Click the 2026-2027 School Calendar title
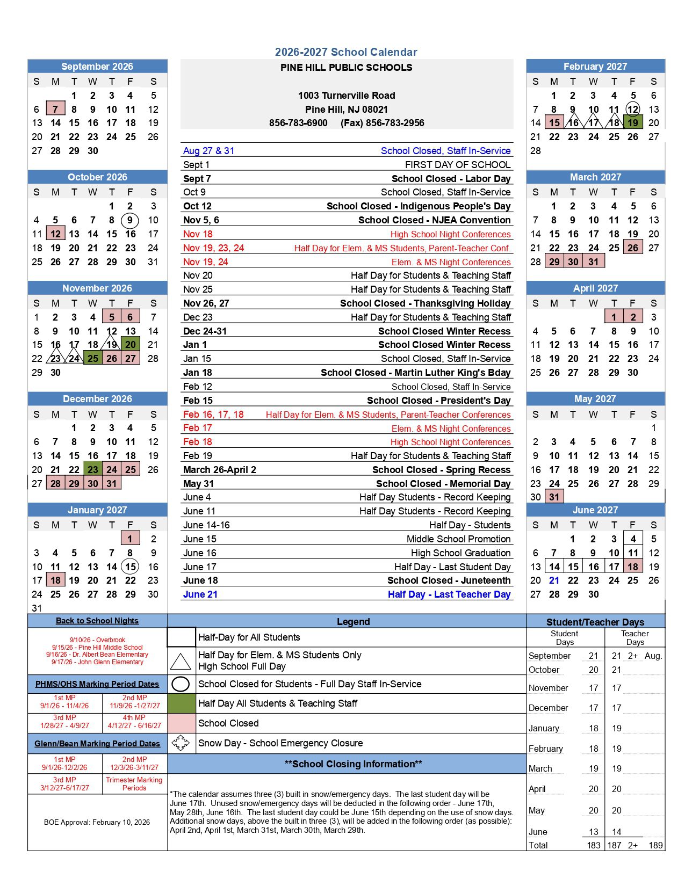(346, 52)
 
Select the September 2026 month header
(97, 67)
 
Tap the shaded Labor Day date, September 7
(55, 109)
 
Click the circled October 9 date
(130, 220)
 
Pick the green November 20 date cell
(131, 345)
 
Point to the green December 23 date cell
(93, 470)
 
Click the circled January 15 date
(130, 567)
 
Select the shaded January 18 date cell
(55, 580)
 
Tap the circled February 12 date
(633, 109)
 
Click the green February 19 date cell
(633, 123)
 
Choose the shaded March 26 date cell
(633, 248)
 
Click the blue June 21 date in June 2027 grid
(554, 580)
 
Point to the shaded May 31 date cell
(554, 497)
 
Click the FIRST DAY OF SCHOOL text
(458, 165)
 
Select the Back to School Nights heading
(97, 621)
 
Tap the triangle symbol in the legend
(181, 661)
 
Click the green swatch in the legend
(181, 703)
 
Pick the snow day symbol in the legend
(181, 743)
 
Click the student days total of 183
(593, 845)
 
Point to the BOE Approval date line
(97, 822)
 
